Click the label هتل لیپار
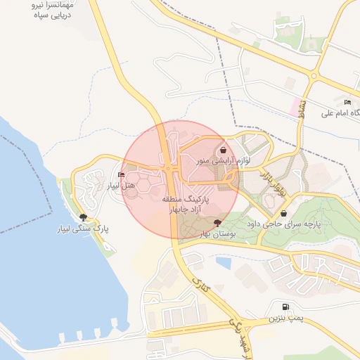120,186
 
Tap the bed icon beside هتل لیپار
122,175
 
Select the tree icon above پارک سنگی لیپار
84,217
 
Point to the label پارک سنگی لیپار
84,229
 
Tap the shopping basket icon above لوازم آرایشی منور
223,150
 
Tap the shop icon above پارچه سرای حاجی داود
283,213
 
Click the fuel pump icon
285,307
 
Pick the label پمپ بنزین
285,319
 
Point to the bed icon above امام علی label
347,103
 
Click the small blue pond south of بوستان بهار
224,263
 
